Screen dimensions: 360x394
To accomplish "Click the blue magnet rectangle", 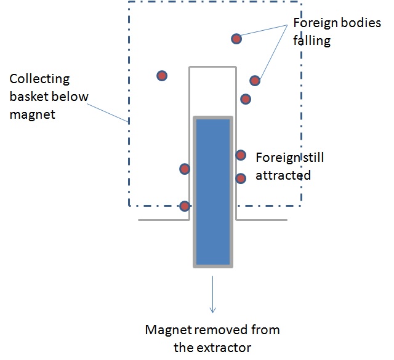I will tap(212, 191).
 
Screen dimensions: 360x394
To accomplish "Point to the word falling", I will tap(312, 41).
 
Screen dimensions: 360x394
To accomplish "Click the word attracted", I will tap(283, 175).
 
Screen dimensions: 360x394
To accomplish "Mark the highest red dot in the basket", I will tap(236, 39).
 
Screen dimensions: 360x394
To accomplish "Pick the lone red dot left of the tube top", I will tap(162, 76).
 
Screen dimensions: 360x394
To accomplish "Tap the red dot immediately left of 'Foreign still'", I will tap(241, 155).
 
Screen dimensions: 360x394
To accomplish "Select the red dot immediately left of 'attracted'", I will tap(241, 178).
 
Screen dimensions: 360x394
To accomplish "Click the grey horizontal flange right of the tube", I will tap(262, 219).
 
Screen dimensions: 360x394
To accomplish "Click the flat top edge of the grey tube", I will tap(212, 66).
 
